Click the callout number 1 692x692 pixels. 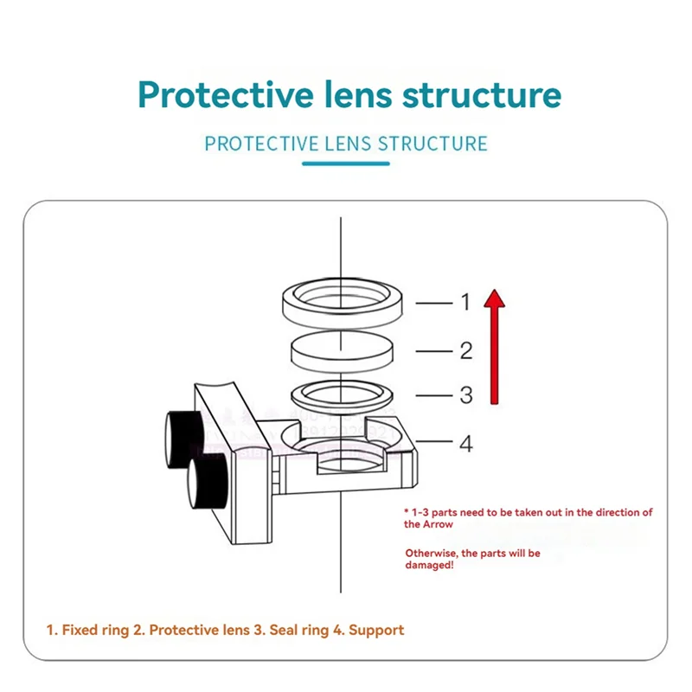point(465,302)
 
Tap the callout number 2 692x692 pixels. point(465,350)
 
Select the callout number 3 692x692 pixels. point(465,395)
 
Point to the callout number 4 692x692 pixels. point(465,444)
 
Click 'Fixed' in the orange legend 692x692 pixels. point(80,630)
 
